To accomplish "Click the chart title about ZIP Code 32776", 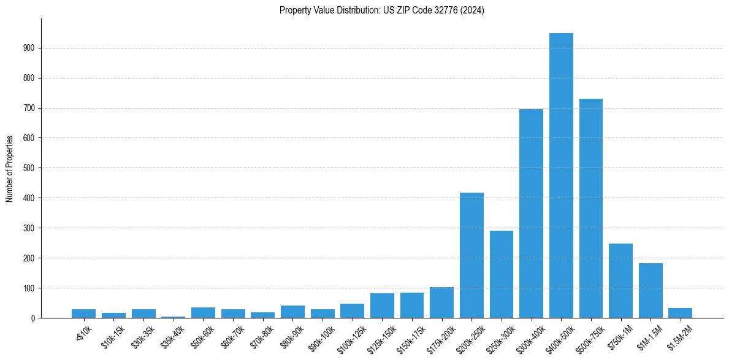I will click(x=381, y=10).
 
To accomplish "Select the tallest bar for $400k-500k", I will click(x=561, y=175).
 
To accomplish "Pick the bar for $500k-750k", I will click(x=591, y=209).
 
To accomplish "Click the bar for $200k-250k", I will click(x=471, y=255).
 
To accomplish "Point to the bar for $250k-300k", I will click(x=502, y=274).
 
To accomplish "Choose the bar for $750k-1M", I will click(x=620, y=281).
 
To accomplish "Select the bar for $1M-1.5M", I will click(x=651, y=291).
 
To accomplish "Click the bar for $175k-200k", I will click(x=441, y=302).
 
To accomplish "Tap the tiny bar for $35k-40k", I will click(x=173, y=317).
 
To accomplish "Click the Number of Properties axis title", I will click(x=10, y=168).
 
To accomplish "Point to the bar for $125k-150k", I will click(x=382, y=306).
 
